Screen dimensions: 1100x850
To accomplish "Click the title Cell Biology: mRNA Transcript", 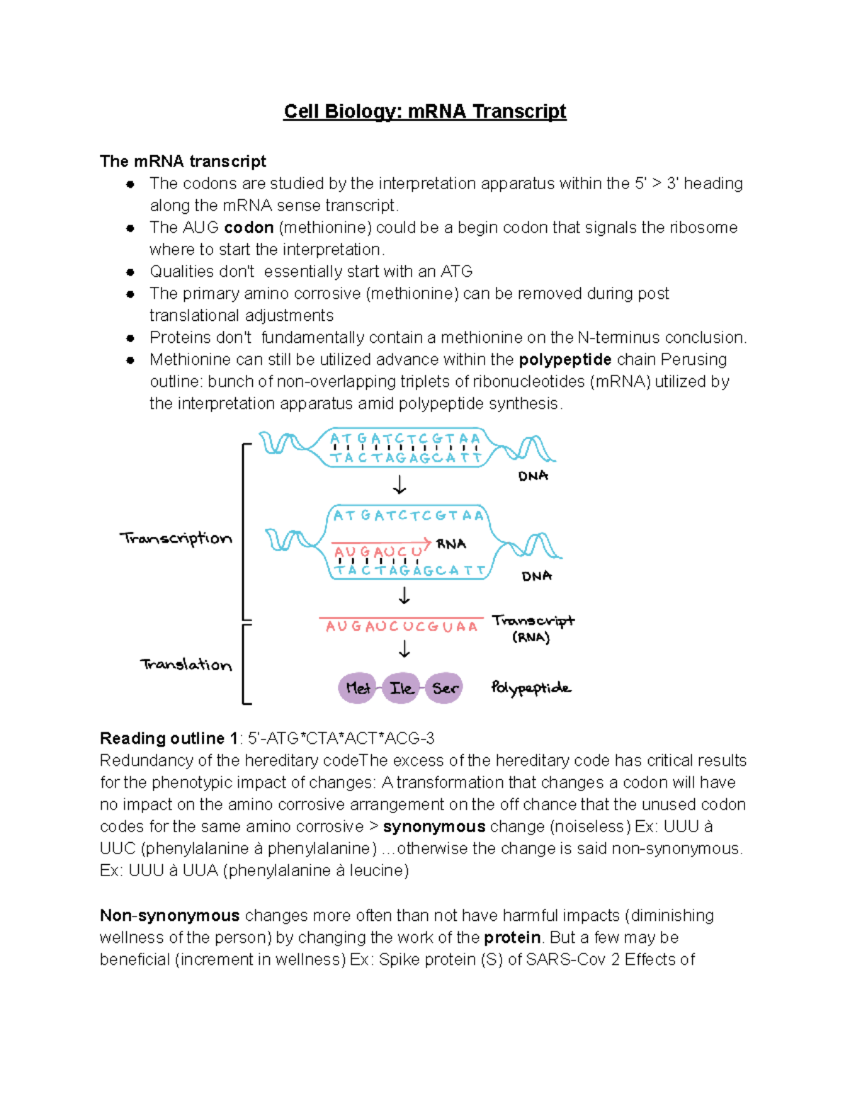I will [x=424, y=112].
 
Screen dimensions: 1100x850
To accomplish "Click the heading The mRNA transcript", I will [x=183, y=161].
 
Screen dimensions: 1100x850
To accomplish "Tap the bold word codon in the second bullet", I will [x=249, y=227].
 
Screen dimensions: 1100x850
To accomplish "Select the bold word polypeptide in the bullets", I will [x=565, y=360].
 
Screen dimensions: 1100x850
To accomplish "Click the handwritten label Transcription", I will [x=176, y=538].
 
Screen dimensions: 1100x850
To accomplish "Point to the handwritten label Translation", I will [x=186, y=664].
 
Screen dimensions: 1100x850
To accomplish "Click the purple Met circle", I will [x=357, y=688].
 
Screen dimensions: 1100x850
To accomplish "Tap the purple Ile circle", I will [x=401, y=688].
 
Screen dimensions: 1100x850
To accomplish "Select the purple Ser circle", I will [x=445, y=688].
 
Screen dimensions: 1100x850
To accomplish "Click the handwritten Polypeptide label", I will [x=531, y=688].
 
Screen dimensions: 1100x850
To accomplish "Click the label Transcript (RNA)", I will [x=533, y=628].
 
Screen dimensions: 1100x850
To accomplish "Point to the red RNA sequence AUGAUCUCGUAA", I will [x=402, y=627].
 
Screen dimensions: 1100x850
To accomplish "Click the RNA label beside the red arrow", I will [x=451, y=544].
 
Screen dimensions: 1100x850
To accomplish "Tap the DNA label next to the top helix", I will [x=533, y=476].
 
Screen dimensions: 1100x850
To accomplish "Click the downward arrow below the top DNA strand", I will [x=399, y=485].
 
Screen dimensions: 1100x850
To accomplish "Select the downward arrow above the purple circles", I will [x=404, y=649].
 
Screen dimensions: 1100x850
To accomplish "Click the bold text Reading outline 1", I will [x=168, y=739].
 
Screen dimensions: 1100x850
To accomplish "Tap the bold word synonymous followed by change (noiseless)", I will [x=433, y=827].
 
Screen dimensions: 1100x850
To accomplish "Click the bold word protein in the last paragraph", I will [x=512, y=938].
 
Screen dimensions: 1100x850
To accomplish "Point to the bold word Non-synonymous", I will [x=169, y=916].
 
